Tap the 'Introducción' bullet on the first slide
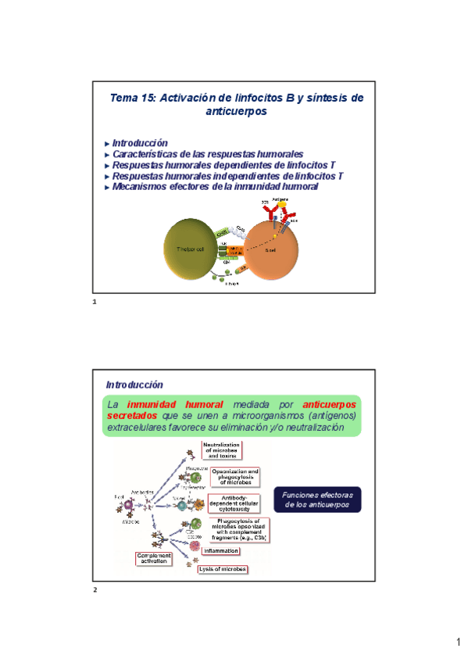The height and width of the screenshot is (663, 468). [140, 143]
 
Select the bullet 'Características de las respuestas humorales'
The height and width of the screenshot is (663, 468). [207, 154]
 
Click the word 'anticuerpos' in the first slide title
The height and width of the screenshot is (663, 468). [236, 112]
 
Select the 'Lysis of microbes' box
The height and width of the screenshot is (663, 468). [222, 569]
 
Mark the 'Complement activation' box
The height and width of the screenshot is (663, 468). [155, 558]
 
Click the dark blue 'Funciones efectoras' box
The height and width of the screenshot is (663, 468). [317, 500]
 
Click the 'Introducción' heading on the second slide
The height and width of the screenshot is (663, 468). [134, 385]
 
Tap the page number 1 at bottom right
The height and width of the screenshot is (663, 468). [459, 643]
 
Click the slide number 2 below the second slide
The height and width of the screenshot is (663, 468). [95, 590]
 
